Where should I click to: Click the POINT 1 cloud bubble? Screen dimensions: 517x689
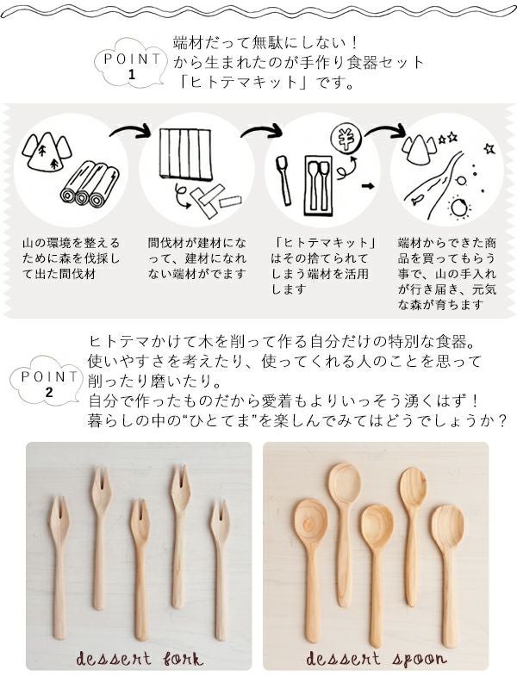(x=132, y=63)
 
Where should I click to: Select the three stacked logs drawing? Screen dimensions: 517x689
(x=90, y=184)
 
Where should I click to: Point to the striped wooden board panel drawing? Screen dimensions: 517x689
(x=185, y=154)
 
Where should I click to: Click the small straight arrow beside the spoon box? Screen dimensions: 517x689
(x=368, y=186)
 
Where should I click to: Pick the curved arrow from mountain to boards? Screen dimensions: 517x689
(x=130, y=131)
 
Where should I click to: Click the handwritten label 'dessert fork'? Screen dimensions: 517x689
(x=140, y=659)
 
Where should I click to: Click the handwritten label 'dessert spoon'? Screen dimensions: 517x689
(x=376, y=659)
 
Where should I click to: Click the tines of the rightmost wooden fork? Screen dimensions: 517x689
(x=220, y=513)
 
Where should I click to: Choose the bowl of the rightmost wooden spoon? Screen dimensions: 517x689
(x=447, y=526)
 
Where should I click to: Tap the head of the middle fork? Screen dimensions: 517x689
(x=140, y=522)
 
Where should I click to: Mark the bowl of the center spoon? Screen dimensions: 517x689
(x=377, y=526)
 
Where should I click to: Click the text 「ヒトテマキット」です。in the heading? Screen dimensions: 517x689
(x=268, y=82)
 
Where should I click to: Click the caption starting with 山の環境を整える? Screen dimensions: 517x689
(x=71, y=258)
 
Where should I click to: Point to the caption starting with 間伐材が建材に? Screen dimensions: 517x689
(x=197, y=258)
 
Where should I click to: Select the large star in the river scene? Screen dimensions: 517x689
(x=489, y=148)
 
